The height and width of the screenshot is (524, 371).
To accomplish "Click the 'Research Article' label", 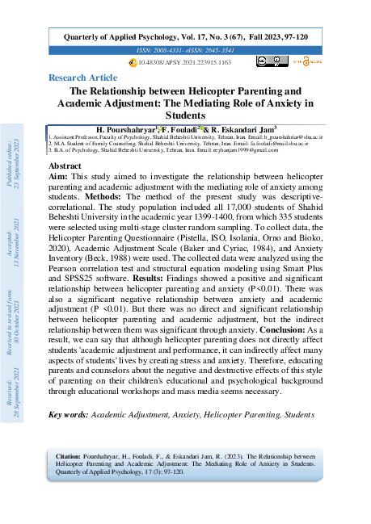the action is point(82,78).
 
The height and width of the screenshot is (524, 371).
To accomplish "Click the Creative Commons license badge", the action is point(267,61).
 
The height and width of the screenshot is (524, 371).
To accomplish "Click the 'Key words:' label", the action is point(70,414).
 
